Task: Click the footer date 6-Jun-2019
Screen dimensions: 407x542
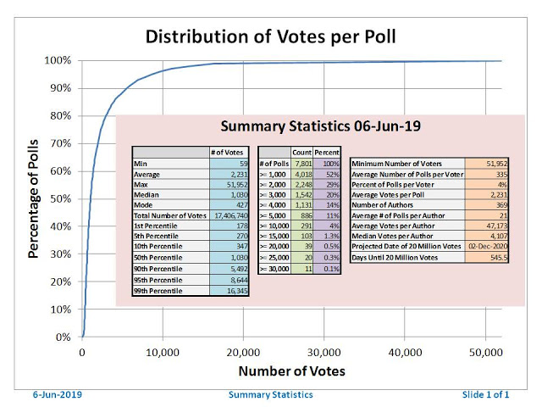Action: [58, 396]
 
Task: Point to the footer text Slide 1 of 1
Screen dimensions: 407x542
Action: [486, 396]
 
